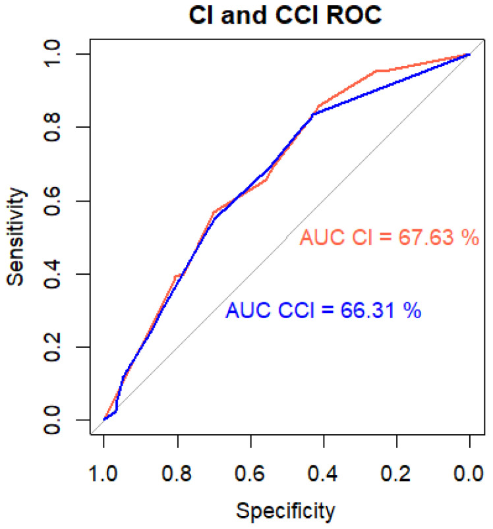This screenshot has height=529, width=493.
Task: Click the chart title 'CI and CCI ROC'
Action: pos(285,15)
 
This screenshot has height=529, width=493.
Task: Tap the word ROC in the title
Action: pos(354,15)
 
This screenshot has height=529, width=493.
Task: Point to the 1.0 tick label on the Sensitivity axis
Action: pos(51,54)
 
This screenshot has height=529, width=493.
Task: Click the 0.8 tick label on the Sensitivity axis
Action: pos(51,127)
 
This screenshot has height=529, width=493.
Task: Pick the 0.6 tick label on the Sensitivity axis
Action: pos(51,201)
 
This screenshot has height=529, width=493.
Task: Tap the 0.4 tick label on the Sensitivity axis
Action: pos(51,274)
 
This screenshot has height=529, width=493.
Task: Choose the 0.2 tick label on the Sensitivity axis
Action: pos(51,347)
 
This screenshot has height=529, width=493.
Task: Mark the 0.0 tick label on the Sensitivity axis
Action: pos(51,420)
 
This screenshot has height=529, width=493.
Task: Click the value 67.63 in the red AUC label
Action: pos(426,237)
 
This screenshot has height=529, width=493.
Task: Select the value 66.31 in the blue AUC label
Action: pos(368,310)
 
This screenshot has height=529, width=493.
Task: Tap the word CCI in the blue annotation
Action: pos(297,310)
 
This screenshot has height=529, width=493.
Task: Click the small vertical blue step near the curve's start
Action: pos(117,405)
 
